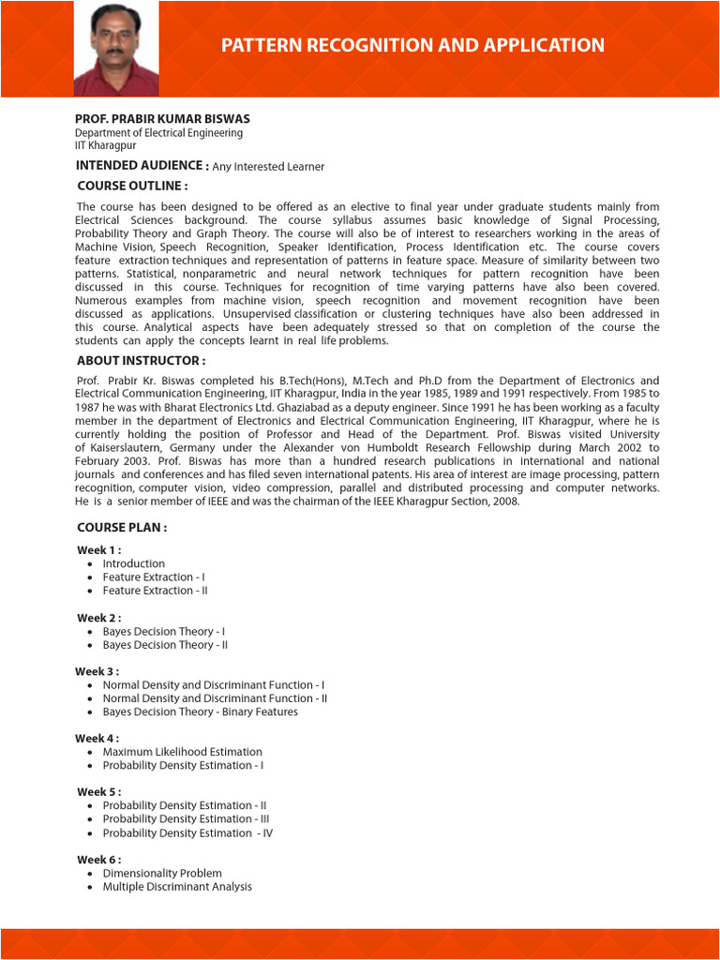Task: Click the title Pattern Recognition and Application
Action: (x=412, y=45)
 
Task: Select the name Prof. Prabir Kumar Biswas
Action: (x=162, y=120)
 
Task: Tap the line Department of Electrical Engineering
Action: (x=158, y=133)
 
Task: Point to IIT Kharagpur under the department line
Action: (x=105, y=146)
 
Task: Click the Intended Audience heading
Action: (x=142, y=166)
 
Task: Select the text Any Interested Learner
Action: (x=268, y=167)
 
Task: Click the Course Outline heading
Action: (x=132, y=186)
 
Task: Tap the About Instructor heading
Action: (x=141, y=361)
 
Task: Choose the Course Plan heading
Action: (x=122, y=528)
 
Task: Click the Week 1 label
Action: (x=98, y=550)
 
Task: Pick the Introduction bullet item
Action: (x=133, y=564)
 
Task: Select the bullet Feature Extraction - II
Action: (x=155, y=592)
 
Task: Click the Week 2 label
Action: (x=98, y=619)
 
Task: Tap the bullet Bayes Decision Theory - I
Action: (x=163, y=632)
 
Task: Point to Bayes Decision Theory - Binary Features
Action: (x=200, y=712)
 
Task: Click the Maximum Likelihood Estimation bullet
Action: (x=182, y=752)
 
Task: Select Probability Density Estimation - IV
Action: (x=187, y=833)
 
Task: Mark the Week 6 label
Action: (x=98, y=860)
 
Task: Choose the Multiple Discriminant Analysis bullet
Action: (x=177, y=887)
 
